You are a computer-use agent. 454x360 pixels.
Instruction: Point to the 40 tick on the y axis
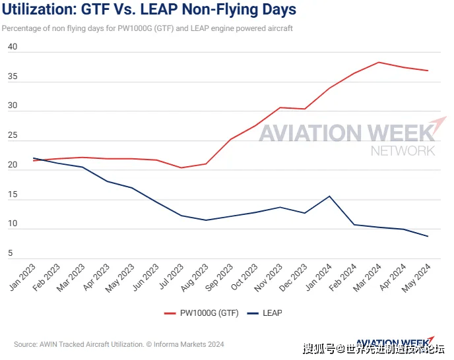click(13, 47)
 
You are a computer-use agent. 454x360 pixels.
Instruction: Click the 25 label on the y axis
click(13, 135)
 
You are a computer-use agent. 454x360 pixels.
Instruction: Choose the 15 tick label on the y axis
click(13, 194)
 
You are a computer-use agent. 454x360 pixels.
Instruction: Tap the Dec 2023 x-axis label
click(295, 276)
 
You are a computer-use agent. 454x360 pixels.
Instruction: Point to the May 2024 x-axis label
click(418, 276)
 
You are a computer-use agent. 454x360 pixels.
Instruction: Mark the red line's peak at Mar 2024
click(379, 62)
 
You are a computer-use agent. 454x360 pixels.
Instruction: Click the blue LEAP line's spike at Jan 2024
click(329, 196)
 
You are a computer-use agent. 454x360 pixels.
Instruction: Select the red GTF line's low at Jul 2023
click(181, 167)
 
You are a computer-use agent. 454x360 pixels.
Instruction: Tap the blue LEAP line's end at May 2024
click(428, 236)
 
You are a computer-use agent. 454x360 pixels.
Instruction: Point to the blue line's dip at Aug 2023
click(206, 220)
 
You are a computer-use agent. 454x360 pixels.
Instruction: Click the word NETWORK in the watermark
click(403, 151)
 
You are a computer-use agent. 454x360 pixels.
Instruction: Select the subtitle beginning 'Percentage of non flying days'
click(147, 28)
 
